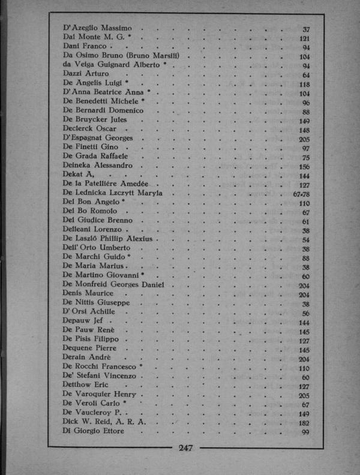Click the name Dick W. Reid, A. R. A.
coord(104,421)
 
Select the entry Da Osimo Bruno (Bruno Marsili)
coord(125,56)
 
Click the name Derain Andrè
coord(87,357)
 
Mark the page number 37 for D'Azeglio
coord(305,29)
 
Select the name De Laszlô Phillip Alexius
coord(109,239)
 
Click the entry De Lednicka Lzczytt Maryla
coord(116,193)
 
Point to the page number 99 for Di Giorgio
coord(305,432)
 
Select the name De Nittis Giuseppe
coord(95,303)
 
